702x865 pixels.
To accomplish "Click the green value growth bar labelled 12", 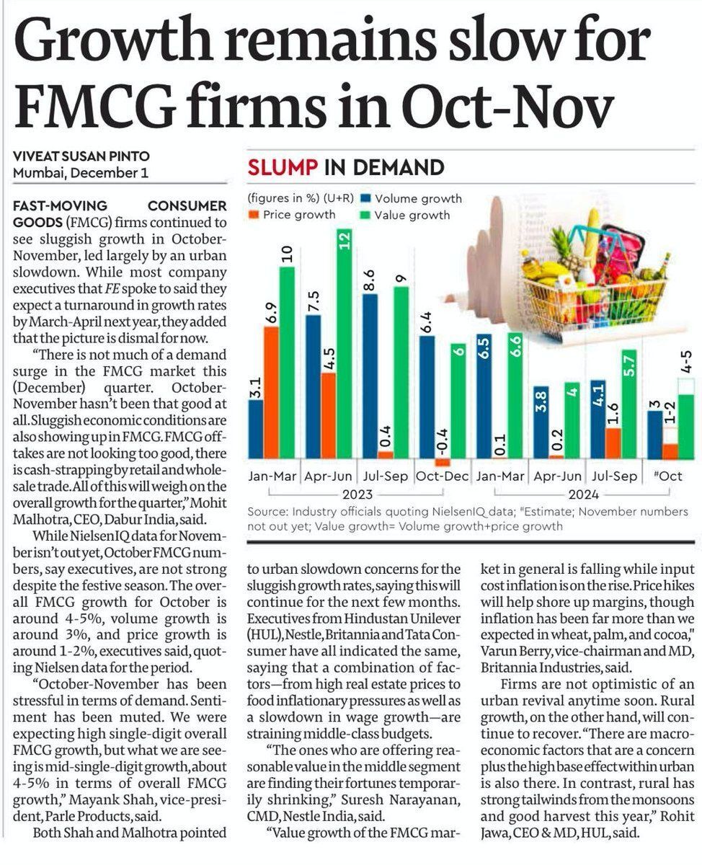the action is [345, 344].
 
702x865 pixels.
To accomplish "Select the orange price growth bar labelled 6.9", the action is [271, 393].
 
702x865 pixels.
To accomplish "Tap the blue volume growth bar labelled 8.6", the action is [370, 376].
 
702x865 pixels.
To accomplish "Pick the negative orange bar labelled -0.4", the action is [443, 462].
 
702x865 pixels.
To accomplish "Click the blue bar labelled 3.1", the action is [256, 429].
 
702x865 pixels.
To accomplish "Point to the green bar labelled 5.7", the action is [629, 404].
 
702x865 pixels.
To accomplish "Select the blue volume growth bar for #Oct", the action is [654, 435].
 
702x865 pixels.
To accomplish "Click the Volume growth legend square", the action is [366, 198].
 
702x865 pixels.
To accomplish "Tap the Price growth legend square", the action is [254, 214].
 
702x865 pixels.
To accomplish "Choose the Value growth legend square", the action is [365, 215].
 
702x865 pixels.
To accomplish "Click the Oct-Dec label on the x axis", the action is [442, 476].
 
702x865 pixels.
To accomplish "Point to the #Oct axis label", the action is [667, 476].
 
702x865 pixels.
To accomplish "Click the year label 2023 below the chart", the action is [357, 494].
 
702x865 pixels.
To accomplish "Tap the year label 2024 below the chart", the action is [584, 494].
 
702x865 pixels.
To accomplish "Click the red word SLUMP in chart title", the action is [283, 168].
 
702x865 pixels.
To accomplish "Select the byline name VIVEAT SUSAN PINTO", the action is [81, 156].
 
